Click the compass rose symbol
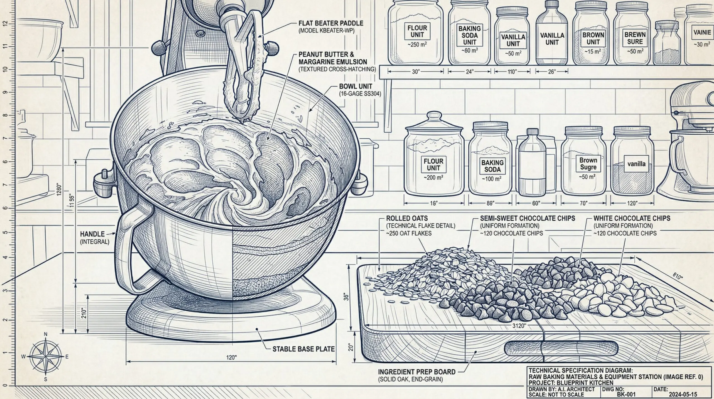[x=45, y=357]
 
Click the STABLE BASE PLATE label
[x=303, y=349]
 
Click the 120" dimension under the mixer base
[x=231, y=358]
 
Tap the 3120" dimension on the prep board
[x=519, y=326]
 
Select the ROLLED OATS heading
[x=403, y=218]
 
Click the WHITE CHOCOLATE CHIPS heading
[x=632, y=218]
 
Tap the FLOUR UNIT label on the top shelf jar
[x=417, y=31]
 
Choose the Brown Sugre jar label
[x=588, y=164]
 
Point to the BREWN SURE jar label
[x=635, y=38]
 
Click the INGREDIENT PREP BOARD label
[x=417, y=372]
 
